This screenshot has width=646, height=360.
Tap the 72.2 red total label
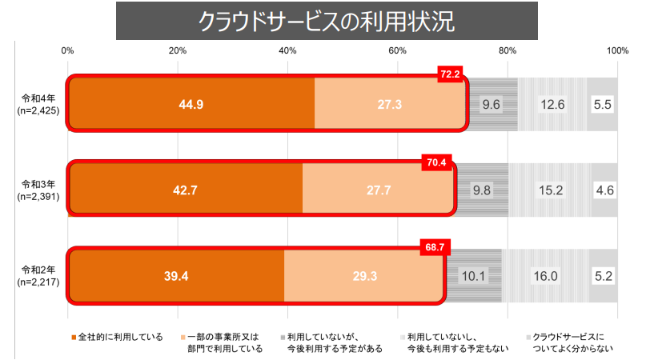tap(450, 74)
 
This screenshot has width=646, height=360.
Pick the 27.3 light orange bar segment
tap(389, 104)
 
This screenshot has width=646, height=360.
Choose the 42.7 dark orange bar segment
tap(186, 190)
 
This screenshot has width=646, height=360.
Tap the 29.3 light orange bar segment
tap(363, 276)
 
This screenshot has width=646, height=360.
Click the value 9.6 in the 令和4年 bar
tap(491, 104)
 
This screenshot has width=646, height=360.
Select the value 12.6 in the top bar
tap(552, 104)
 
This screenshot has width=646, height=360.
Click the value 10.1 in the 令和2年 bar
tap(472, 276)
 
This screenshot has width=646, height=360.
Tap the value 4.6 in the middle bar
tap(604, 190)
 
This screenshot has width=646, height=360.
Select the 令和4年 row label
tap(37, 104)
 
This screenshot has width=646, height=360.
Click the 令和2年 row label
tap(37, 276)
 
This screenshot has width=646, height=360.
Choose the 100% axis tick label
tap(616, 51)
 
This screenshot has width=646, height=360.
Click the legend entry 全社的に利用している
tap(120, 337)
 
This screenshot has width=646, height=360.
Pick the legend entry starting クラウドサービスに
tap(572, 342)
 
